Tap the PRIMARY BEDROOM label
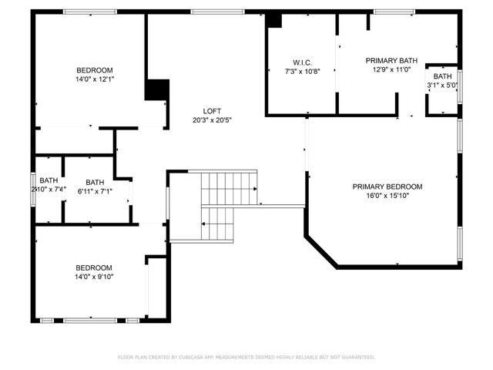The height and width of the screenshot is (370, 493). (x=387, y=186)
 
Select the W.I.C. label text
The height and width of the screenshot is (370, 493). (x=301, y=62)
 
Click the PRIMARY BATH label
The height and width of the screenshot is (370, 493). (x=391, y=60)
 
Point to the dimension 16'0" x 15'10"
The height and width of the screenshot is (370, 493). (x=387, y=196)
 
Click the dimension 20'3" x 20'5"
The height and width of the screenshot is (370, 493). (x=213, y=119)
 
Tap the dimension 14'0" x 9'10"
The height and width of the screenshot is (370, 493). (x=94, y=277)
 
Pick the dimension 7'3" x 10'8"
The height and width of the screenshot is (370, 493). (x=301, y=72)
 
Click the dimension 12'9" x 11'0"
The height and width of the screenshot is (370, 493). (x=391, y=69)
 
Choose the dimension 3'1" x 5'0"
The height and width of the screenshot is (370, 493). (x=442, y=86)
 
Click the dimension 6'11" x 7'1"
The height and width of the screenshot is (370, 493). (x=95, y=192)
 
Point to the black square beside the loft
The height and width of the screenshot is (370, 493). (x=157, y=89)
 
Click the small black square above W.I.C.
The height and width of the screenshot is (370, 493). (x=273, y=21)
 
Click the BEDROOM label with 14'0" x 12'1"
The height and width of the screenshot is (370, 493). (x=94, y=70)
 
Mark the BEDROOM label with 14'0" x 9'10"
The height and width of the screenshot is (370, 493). (x=94, y=267)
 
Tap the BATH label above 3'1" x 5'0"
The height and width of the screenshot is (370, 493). (x=442, y=76)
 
